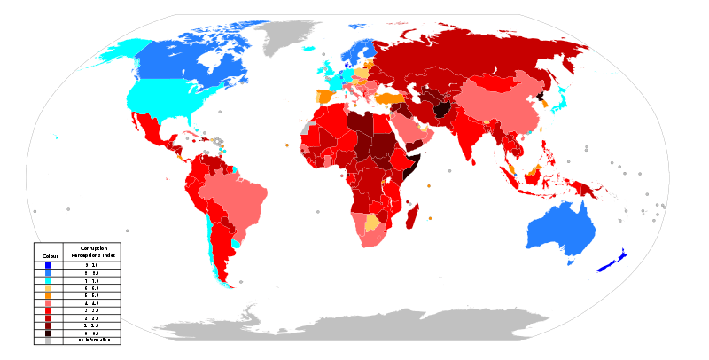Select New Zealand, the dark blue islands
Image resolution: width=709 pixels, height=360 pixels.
point(612,262)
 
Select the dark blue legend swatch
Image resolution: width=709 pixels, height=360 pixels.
point(48,265)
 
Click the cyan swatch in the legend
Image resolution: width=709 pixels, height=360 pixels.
point(48,280)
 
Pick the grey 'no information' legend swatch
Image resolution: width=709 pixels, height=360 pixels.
point(48,340)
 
